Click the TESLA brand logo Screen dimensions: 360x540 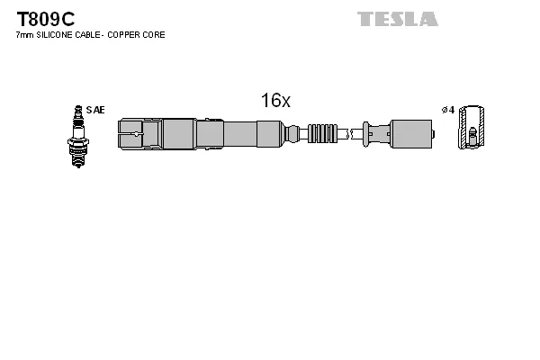[x=397, y=18]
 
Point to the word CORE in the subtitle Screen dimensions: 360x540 [x=154, y=34]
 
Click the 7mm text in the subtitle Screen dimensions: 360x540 [x=23, y=34]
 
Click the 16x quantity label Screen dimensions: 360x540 [x=275, y=101]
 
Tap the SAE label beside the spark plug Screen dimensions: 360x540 [x=95, y=110]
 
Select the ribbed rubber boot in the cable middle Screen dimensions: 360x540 [x=321, y=133]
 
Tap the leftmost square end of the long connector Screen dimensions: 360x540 [x=128, y=133]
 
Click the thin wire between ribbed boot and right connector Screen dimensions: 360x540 [x=349, y=133]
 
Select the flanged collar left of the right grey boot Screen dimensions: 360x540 [x=367, y=133]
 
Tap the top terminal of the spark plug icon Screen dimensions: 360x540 [x=77, y=110]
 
